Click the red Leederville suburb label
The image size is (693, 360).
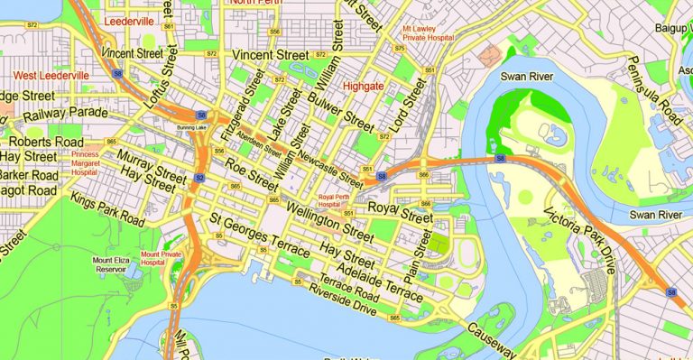click(129, 19)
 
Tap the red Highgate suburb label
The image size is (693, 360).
click(365, 87)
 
